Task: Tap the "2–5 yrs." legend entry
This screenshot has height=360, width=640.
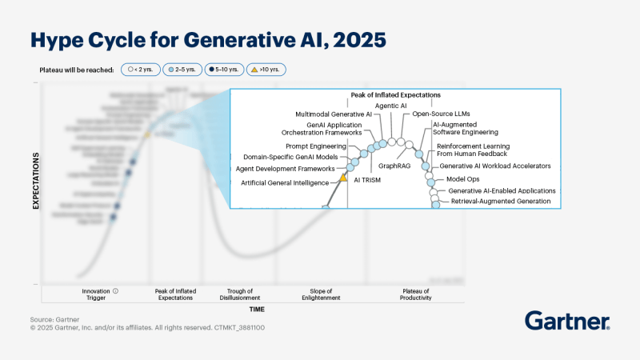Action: [x=182, y=70]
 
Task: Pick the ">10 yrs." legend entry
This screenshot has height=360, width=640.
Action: [x=266, y=70]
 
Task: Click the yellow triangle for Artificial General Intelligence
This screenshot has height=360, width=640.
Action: [x=344, y=176]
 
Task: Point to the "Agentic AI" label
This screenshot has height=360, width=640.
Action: [x=391, y=106]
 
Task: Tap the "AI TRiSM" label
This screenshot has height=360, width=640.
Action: [x=369, y=181]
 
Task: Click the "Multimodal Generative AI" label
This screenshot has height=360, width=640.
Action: [x=334, y=114]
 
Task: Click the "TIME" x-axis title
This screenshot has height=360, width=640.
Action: [x=256, y=309]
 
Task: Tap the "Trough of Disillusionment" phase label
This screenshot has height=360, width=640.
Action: [x=240, y=294]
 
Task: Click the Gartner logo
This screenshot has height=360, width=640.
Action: [x=567, y=321]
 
